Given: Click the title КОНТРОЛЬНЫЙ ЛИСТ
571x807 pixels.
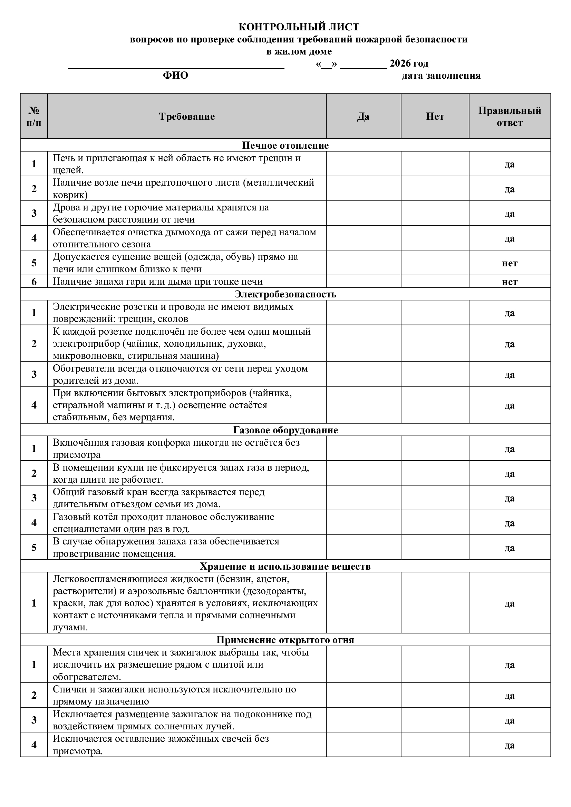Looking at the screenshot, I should click(x=299, y=27).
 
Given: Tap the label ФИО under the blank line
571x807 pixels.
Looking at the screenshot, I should click(x=175, y=76).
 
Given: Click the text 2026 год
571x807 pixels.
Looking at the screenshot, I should click(x=409, y=63).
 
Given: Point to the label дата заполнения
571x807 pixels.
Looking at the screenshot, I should click(x=441, y=76).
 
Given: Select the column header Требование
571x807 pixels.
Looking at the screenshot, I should click(x=187, y=117).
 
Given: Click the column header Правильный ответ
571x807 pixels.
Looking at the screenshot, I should click(x=510, y=117).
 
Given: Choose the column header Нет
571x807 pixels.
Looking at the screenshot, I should click(x=435, y=117).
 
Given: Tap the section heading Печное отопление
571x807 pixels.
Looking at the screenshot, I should click(x=285, y=146).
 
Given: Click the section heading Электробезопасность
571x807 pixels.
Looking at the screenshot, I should click(x=285, y=294).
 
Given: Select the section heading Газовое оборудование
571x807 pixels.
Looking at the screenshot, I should click(x=285, y=430).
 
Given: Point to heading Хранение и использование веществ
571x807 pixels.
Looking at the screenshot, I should click(x=285, y=567).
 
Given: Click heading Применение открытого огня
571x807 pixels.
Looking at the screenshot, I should click(x=285, y=640).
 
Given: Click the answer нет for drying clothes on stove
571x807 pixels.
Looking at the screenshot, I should click(x=510, y=263).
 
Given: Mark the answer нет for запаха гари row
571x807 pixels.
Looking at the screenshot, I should click(x=510, y=282).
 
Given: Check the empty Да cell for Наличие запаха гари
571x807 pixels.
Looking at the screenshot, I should click(x=363, y=282).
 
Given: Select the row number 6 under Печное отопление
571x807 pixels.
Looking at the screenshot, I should click(x=34, y=282).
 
